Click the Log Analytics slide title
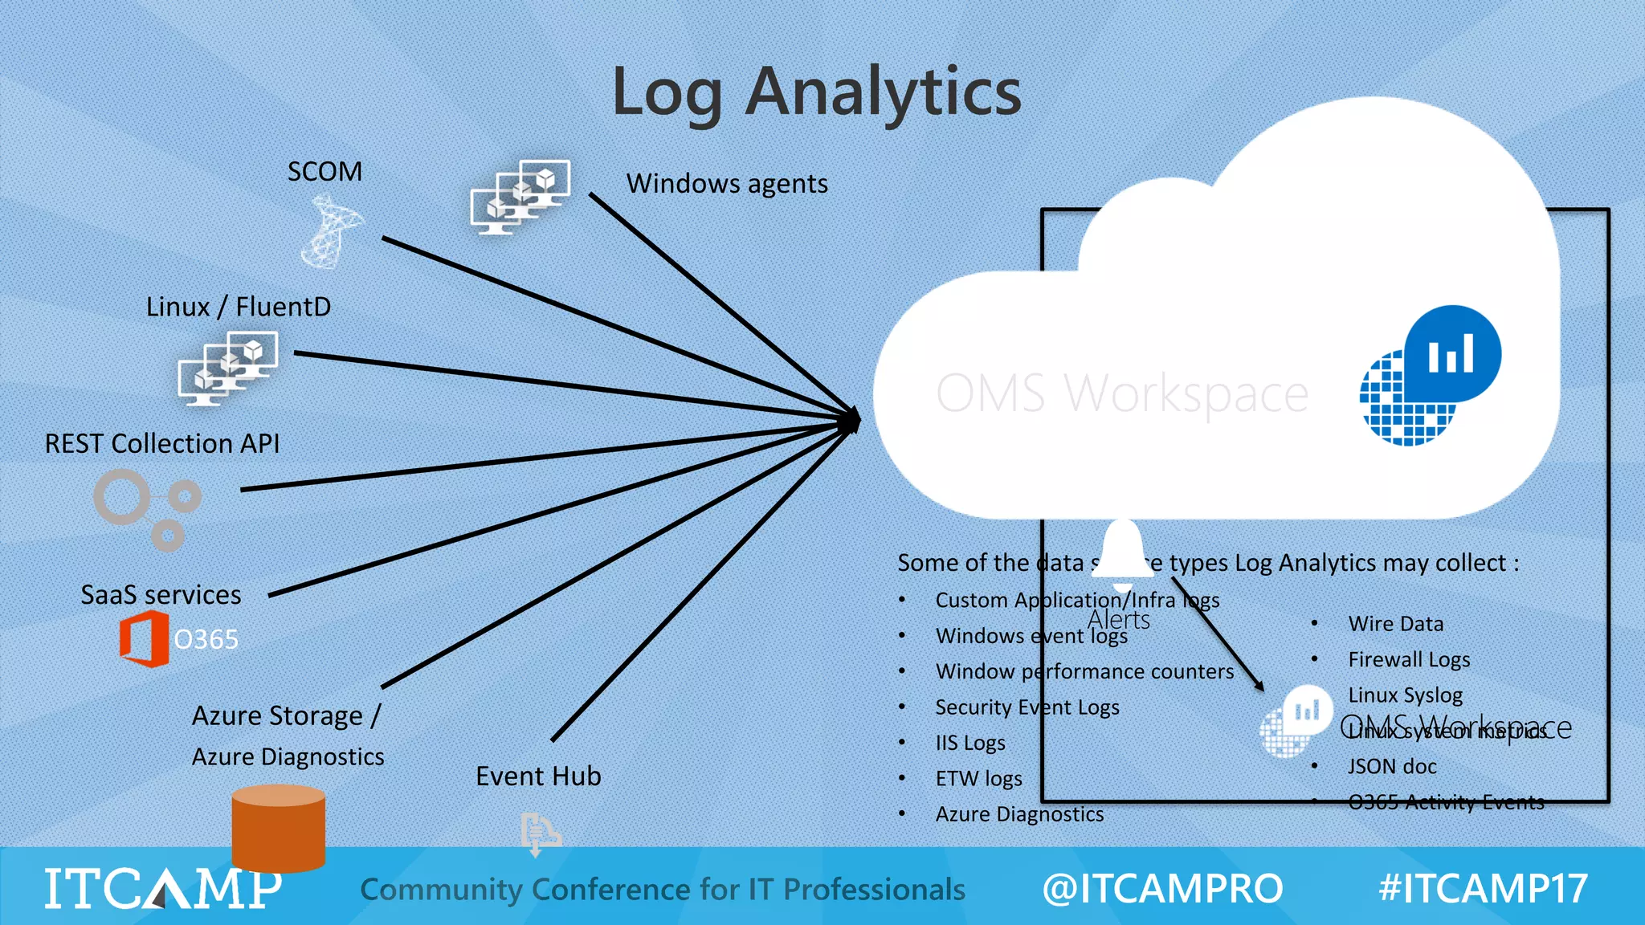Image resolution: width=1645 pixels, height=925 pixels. [816, 92]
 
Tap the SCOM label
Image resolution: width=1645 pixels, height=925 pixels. [325, 172]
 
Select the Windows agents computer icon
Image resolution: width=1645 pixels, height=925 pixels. [520, 197]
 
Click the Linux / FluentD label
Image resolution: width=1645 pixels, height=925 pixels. [239, 307]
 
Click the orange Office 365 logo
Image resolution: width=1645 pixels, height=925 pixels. [145, 639]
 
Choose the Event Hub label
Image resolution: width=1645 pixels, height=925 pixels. [538, 776]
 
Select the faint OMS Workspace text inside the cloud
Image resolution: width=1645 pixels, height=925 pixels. [1122, 393]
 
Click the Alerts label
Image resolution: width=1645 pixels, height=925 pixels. [1118, 620]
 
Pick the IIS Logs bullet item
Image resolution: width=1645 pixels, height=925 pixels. [969, 743]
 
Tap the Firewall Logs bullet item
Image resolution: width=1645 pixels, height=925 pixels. [1409, 659]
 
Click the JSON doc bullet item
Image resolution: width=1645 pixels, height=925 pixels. [1392, 766]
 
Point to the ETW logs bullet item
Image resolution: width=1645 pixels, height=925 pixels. [978, 778]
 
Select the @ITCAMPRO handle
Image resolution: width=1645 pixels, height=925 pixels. [1162, 889]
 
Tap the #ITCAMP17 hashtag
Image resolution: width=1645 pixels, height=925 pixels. [1483, 889]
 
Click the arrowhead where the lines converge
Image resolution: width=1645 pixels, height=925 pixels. [853, 419]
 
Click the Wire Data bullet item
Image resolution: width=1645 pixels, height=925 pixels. [1395, 624]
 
